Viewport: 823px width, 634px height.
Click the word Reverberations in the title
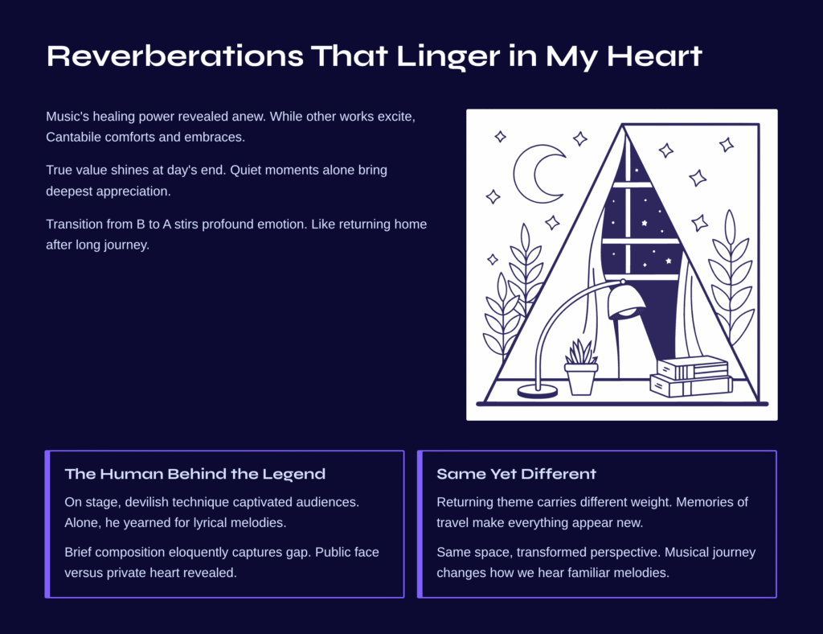(x=174, y=56)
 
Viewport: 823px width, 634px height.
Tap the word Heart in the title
(x=654, y=56)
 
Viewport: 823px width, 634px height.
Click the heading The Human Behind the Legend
(x=194, y=474)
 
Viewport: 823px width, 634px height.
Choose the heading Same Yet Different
(x=517, y=474)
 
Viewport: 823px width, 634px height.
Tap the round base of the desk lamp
(x=538, y=391)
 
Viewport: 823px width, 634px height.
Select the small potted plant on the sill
(x=581, y=368)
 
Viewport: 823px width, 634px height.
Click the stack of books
(x=690, y=377)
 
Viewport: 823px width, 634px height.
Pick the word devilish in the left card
(x=146, y=502)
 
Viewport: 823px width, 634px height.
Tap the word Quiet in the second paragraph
(x=247, y=171)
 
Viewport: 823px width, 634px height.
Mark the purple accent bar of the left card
(x=47, y=525)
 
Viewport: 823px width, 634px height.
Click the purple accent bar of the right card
(x=420, y=525)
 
